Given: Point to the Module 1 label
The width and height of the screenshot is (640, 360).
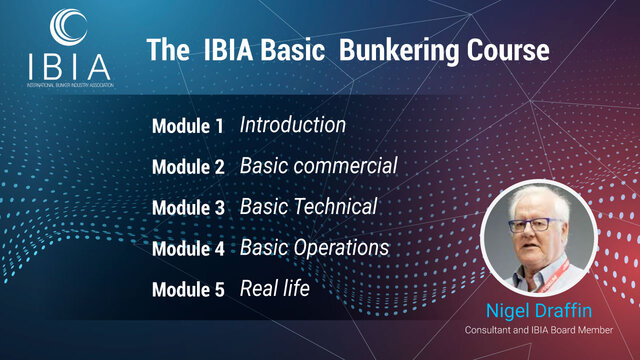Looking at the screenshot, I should click(x=187, y=127).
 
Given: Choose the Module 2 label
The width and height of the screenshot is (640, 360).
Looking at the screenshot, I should click(x=187, y=168).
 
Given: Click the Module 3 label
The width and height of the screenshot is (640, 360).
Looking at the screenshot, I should click(x=187, y=209).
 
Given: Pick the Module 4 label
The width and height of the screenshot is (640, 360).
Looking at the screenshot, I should click(x=187, y=250).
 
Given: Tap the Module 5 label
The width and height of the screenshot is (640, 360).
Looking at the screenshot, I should click(x=187, y=291).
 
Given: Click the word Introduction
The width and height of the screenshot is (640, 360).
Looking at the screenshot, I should click(x=293, y=126).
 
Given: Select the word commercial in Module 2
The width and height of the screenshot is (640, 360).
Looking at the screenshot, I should click(x=345, y=167).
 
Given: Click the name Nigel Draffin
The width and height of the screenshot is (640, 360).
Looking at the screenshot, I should click(x=545, y=309).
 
